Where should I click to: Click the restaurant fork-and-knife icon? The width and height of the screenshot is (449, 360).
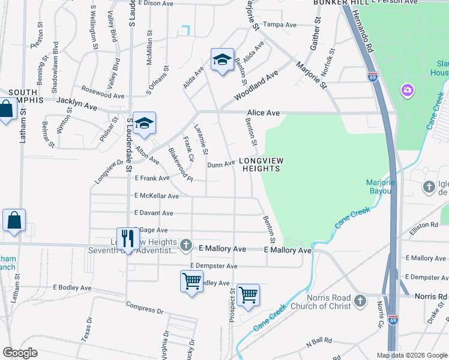coord(127,239)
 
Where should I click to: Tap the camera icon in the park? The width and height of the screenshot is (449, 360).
coord(408,91)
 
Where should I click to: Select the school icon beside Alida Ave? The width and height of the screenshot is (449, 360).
coord(222,60)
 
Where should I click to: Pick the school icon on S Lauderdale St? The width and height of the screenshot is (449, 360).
coord(144,124)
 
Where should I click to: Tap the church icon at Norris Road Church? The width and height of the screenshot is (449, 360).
coord(360,300)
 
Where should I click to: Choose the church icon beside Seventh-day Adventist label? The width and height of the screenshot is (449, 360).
coord(186,245)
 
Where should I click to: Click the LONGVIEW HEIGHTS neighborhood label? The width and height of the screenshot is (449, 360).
coord(261,164)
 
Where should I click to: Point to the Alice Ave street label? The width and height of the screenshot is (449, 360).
coord(264,113)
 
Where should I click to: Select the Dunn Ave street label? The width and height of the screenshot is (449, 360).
coord(221,164)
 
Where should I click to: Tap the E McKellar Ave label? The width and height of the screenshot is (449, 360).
coord(157,196)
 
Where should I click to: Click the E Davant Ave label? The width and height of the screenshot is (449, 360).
coord(154,213)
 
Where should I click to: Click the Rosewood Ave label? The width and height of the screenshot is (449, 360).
coord(103,95)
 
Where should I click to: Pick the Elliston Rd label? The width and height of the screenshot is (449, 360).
coord(426,224)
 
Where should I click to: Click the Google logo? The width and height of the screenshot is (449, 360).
coord(20,353)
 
